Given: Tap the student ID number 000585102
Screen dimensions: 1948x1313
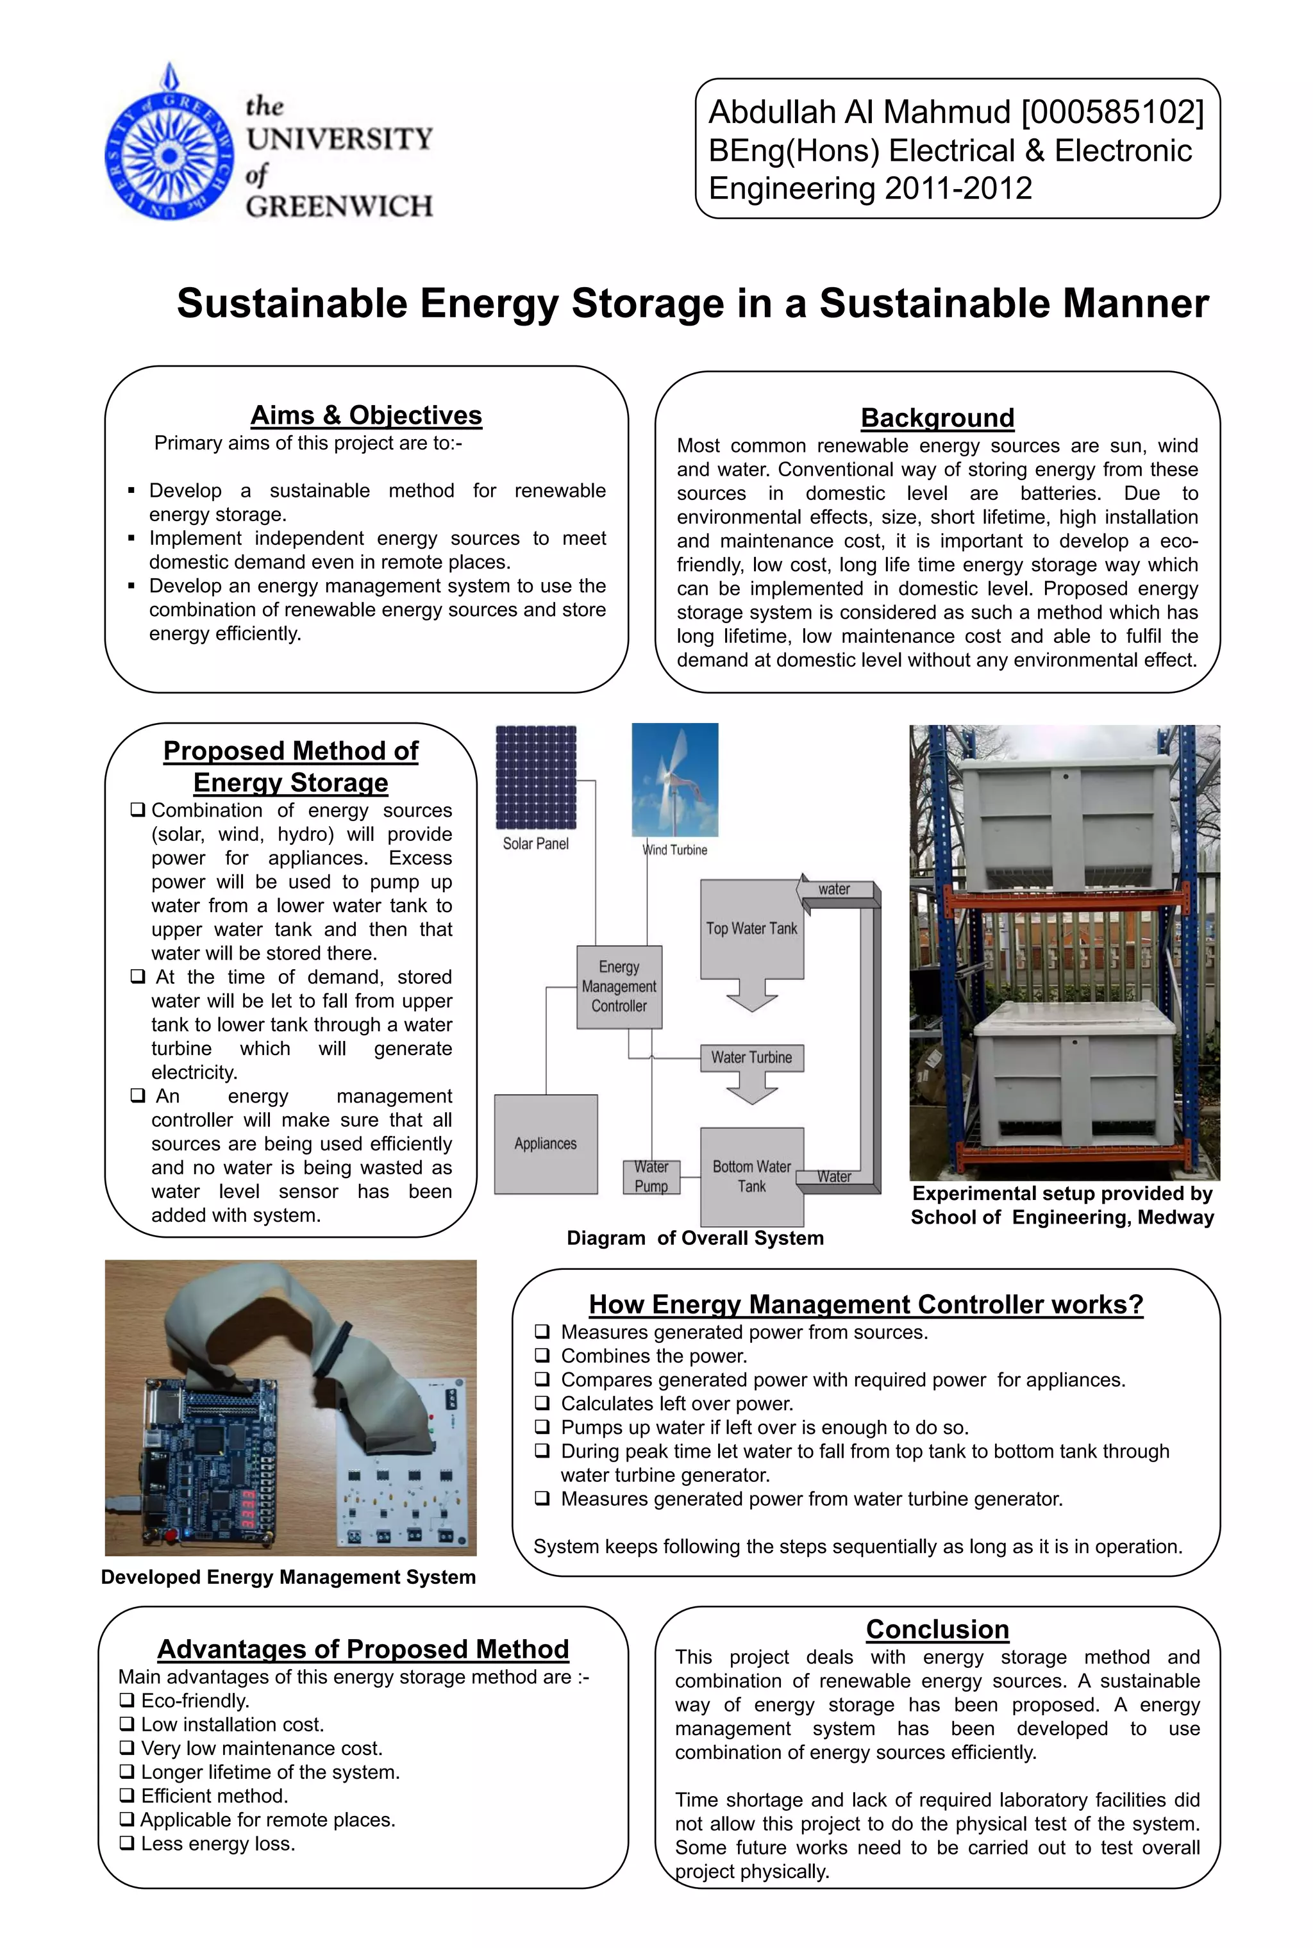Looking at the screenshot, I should point(1112,112).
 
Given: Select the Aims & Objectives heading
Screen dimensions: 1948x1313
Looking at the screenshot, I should point(366,415).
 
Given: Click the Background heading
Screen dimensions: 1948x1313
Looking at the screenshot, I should point(937,418).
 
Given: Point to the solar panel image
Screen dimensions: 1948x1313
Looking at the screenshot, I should point(536,777).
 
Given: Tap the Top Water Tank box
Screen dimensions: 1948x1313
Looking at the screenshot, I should point(751,929).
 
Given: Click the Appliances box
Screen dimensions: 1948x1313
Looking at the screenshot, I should point(545,1144).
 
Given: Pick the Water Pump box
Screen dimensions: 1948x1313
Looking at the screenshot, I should point(651,1176).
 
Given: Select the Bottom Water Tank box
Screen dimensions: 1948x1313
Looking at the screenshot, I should point(751,1176).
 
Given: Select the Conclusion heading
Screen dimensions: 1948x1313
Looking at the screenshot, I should point(937,1629).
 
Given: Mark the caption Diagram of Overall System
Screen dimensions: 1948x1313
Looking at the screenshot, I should point(695,1238).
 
